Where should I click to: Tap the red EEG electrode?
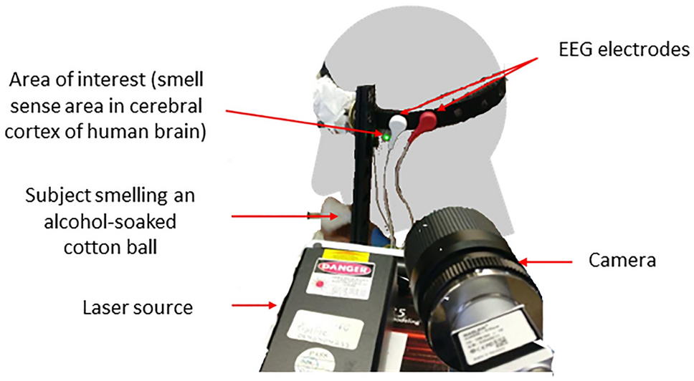[427, 117]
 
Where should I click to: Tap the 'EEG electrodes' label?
[622, 50]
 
